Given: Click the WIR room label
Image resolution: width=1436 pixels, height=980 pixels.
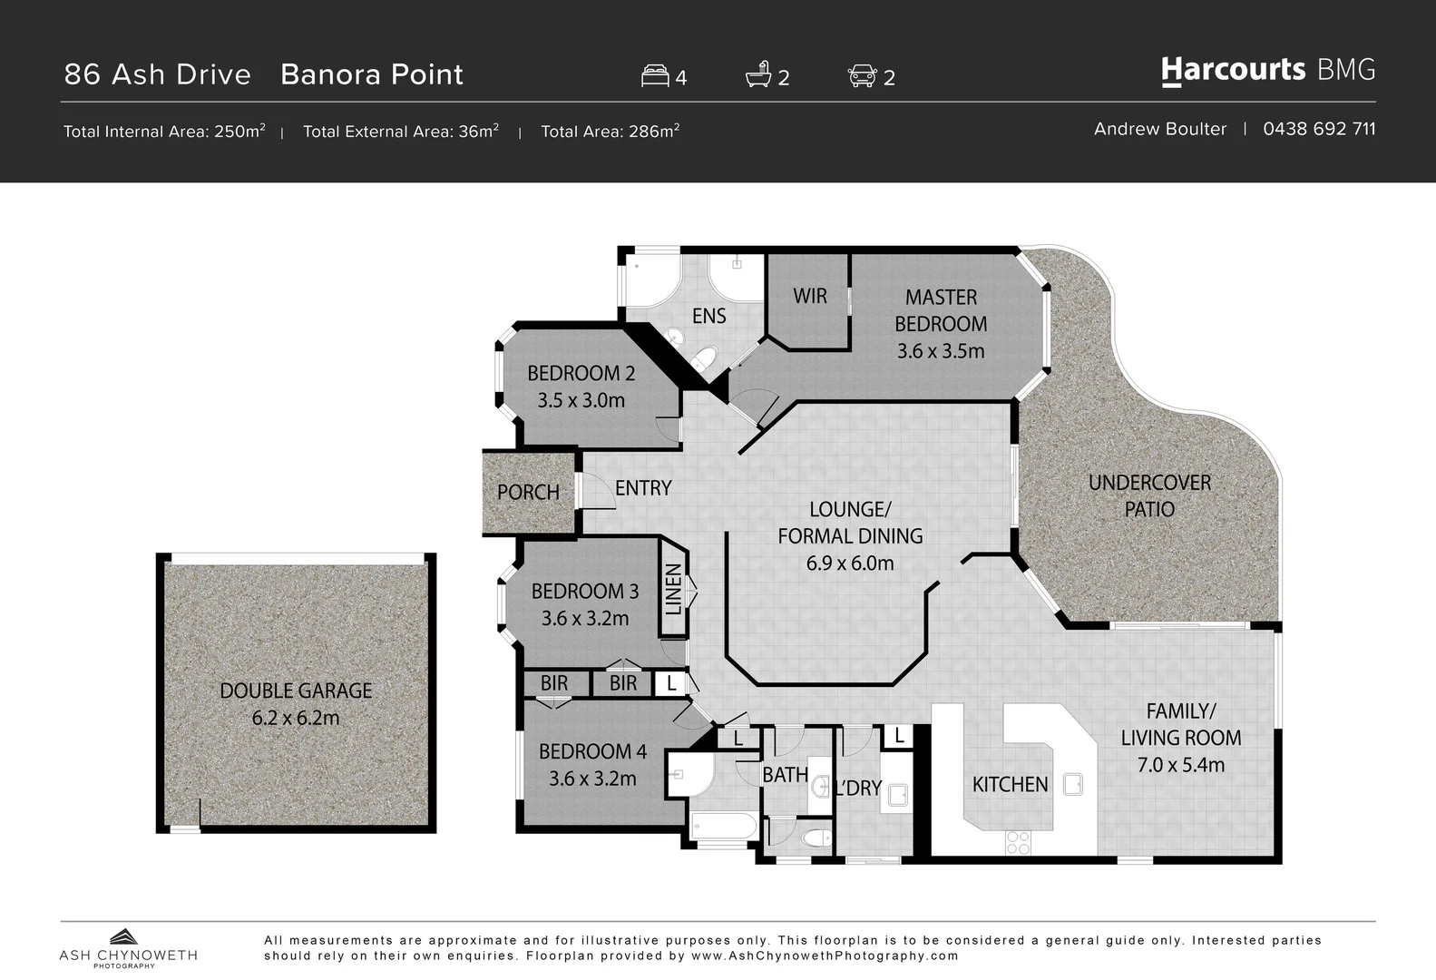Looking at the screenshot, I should [x=809, y=296].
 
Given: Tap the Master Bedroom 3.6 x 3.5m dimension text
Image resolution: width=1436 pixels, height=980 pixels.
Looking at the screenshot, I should [x=940, y=351].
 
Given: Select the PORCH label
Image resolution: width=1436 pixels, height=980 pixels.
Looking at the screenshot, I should [x=528, y=492].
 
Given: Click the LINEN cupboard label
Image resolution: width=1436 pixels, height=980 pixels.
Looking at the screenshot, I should [x=674, y=589].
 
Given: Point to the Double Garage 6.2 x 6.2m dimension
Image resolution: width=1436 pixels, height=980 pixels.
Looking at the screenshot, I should [x=296, y=718].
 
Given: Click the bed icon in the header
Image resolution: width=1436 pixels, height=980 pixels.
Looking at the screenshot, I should [x=655, y=75].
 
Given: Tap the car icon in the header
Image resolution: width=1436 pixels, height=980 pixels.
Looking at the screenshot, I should [x=862, y=75].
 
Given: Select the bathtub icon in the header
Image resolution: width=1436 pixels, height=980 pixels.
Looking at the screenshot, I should [x=758, y=75].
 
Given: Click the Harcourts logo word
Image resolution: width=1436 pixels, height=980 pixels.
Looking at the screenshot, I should [x=1233, y=70].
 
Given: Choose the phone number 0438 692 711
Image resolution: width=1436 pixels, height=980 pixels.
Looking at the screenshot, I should [x=1319, y=129].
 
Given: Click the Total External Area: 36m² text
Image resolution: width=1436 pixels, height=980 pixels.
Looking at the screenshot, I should [x=400, y=132].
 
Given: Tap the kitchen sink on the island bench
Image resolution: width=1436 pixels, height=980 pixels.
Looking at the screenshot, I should [x=1073, y=784].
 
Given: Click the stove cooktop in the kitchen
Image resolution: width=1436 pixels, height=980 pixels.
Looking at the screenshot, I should [x=1018, y=842].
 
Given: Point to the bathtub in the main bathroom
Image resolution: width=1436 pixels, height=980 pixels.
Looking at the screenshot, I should [x=723, y=828].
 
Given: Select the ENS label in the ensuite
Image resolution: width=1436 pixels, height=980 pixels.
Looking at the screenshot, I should [x=708, y=316].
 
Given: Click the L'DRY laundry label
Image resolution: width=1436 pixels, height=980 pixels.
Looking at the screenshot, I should [x=858, y=789].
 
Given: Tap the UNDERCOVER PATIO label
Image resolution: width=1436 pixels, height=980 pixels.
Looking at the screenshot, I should [x=1149, y=495].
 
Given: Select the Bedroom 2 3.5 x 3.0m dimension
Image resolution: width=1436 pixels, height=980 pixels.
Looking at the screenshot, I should [x=581, y=400].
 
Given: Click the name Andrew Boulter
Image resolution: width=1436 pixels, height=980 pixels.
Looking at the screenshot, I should [x=1159, y=129].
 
